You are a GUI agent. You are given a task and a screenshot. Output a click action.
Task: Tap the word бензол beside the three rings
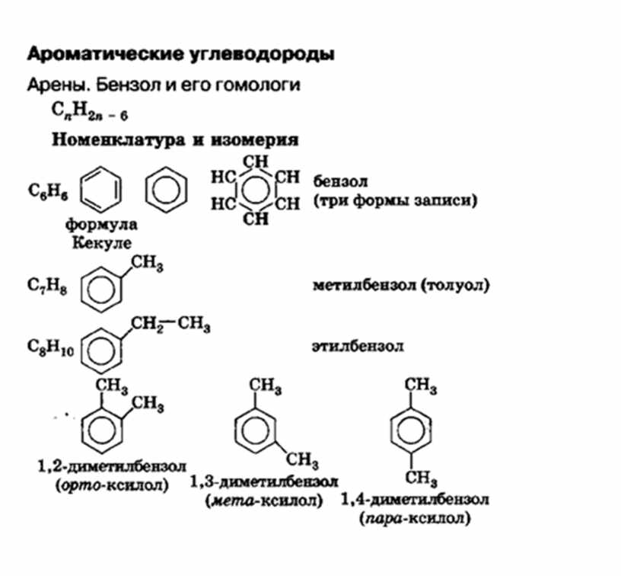click(x=340, y=182)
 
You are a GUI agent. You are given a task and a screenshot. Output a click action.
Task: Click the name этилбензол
click(x=357, y=346)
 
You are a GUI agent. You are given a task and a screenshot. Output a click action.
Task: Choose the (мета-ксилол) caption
click(x=264, y=501)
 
